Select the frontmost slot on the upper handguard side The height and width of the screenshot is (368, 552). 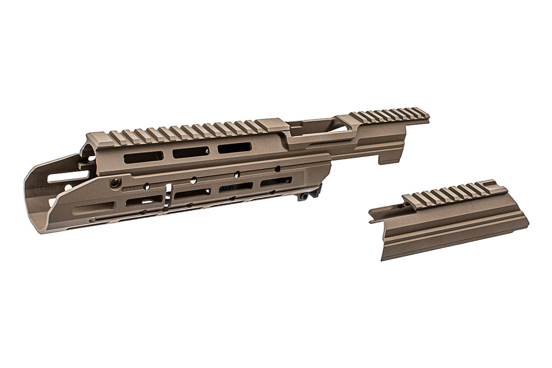pos(143,157)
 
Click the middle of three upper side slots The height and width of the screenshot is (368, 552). pos(190,152)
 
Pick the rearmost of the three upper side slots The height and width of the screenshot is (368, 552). pos(235,148)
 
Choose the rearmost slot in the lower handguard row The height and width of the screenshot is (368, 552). pos(276,181)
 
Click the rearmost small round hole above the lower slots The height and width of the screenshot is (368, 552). pos(277,168)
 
